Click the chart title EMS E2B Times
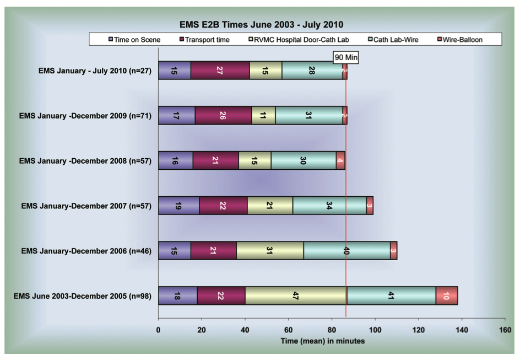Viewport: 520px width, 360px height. click(x=261, y=24)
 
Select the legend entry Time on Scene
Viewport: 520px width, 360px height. click(x=136, y=40)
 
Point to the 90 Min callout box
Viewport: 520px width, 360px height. click(x=346, y=57)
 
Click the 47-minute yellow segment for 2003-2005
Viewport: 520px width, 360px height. click(x=296, y=295)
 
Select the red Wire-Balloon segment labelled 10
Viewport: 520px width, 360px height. click(x=446, y=295)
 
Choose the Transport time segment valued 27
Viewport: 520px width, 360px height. click(x=220, y=71)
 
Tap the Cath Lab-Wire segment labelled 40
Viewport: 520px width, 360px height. click(x=346, y=250)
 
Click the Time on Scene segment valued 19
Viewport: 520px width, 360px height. click(x=178, y=205)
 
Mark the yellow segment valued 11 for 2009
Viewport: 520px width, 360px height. click(x=263, y=115)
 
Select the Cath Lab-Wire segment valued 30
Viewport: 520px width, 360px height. click(x=304, y=160)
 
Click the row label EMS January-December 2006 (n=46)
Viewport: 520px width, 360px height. click(x=86, y=251)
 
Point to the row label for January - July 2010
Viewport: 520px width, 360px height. click(x=95, y=71)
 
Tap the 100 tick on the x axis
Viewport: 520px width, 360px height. click(x=375, y=330)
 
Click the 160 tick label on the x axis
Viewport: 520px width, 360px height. click(x=505, y=330)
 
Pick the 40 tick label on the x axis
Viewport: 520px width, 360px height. click(x=245, y=330)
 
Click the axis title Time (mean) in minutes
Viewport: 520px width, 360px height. click(x=323, y=341)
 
